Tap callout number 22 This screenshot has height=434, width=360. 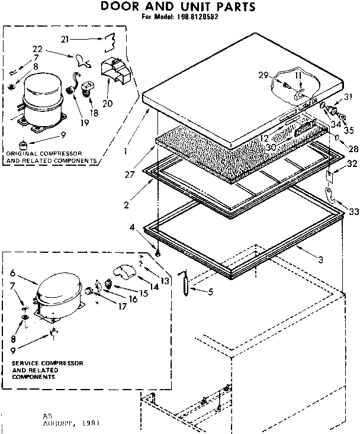coord(37,49)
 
